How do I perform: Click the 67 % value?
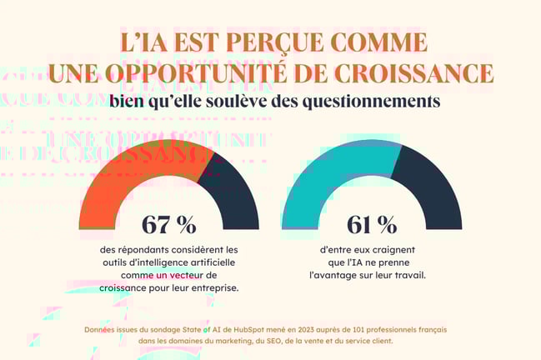(x=169, y=224)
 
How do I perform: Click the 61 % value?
(x=372, y=224)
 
